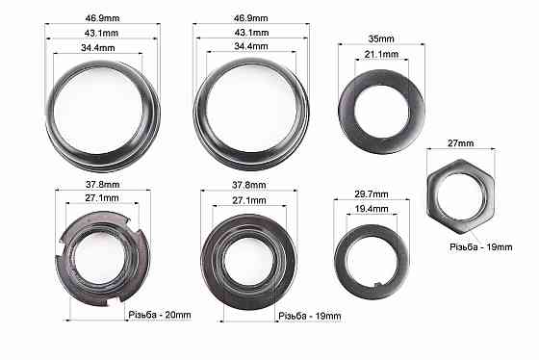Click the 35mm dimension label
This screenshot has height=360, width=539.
381,39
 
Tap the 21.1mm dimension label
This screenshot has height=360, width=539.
381,54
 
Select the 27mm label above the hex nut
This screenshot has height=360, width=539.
461,143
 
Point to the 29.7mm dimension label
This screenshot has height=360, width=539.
372,194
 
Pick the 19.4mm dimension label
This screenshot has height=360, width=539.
372,209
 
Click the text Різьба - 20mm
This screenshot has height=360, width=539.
160,315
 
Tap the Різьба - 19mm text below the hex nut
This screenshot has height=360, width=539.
481,246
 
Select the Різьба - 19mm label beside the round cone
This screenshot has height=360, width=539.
310,316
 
